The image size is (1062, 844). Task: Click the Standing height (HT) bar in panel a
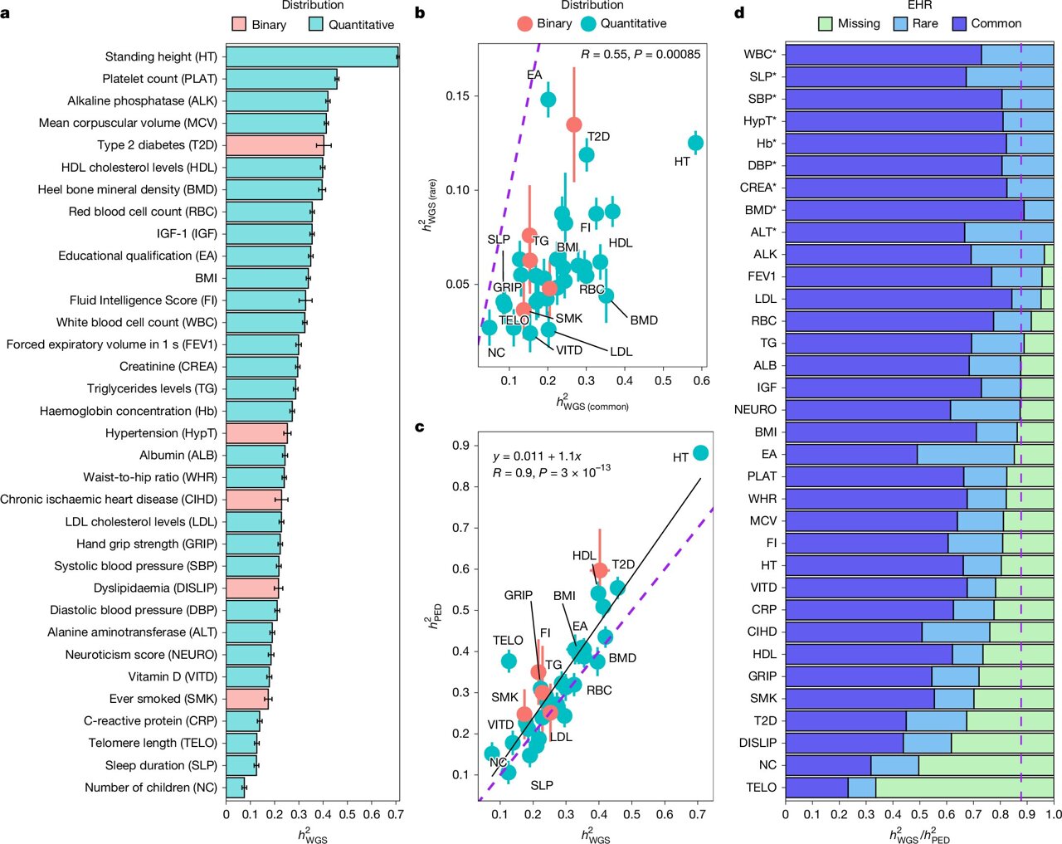click(x=311, y=56)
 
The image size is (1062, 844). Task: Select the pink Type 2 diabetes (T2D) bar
click(x=275, y=145)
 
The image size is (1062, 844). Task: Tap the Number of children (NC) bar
click(x=236, y=788)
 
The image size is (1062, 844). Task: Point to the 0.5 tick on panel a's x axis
click(x=348, y=814)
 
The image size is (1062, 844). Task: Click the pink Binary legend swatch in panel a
click(x=239, y=24)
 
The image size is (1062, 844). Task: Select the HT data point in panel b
click(x=695, y=143)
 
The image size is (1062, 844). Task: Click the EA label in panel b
click(x=534, y=75)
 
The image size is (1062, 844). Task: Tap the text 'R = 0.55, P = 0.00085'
click(x=641, y=54)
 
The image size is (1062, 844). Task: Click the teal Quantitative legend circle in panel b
click(x=588, y=23)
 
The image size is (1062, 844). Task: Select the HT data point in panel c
click(x=700, y=453)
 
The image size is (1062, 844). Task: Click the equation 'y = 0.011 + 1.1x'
click(x=537, y=456)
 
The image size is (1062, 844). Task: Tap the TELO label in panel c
click(x=508, y=641)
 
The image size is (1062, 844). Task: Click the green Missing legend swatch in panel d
click(x=825, y=23)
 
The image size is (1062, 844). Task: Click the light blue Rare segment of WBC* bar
click(x=1017, y=54)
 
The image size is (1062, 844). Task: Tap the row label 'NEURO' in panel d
click(x=755, y=410)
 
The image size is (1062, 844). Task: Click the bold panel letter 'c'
click(x=420, y=427)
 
